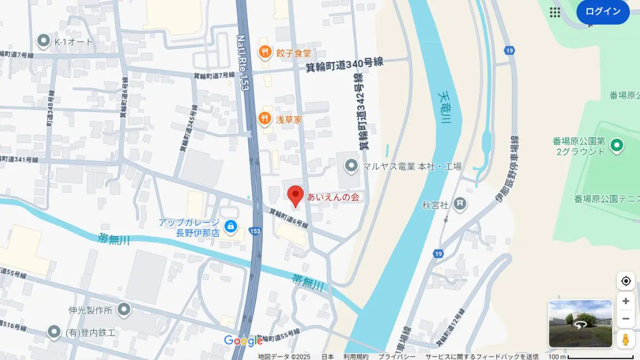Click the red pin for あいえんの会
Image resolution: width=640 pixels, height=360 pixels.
coord(295,195)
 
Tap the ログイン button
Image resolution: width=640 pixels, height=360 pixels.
coord(603,12)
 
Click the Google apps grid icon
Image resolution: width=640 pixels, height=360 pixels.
coord(555,12)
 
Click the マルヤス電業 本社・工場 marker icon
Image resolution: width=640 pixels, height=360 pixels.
coord(351,166)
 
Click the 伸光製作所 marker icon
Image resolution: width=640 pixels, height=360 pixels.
coord(124,309)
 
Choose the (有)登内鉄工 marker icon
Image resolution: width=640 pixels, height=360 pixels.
coord(53,332)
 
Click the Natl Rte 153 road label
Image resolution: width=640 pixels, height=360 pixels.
coord(243,62)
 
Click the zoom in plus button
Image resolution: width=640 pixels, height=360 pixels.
coord(626,301)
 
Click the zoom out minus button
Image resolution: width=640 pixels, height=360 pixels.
coord(626,319)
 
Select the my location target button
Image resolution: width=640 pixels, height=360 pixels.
coord(626,281)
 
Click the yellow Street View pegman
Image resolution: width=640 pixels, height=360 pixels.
coord(626,339)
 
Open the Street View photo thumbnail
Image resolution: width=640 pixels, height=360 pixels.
coord(580,324)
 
